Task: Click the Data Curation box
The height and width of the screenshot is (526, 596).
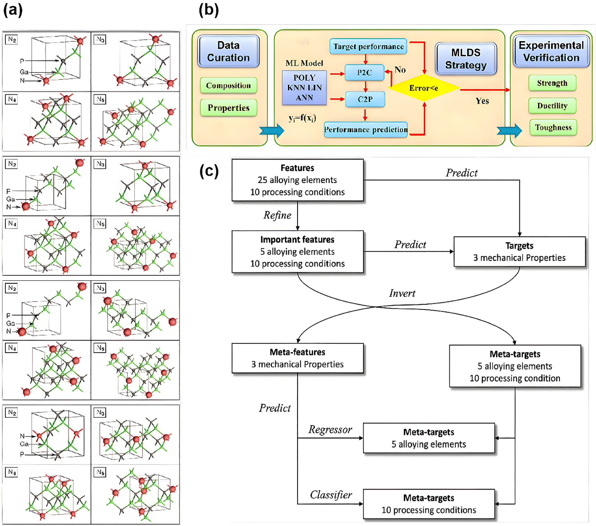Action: coord(228,51)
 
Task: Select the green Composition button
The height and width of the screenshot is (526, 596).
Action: coord(228,85)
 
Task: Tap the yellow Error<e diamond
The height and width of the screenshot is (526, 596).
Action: coord(423,88)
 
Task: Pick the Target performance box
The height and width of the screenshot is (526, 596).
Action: coord(368,46)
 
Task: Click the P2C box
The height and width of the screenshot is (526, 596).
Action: coord(365,72)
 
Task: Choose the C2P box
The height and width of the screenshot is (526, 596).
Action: coord(365,99)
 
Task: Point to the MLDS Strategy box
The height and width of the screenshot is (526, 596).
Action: coord(466,59)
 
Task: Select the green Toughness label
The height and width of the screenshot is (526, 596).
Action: coord(553,127)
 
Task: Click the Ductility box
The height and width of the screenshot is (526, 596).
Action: coord(552,106)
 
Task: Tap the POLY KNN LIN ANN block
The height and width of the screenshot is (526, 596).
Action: coord(304,88)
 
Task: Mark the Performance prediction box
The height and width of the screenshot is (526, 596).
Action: coord(366,130)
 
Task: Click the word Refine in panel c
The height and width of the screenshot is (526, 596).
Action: coord(277,215)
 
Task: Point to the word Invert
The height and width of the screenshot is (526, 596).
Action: coord(402,293)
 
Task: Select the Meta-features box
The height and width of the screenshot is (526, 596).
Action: coord(297,358)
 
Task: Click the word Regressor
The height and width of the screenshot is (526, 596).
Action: coord(330,430)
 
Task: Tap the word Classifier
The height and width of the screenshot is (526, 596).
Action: coord(331,495)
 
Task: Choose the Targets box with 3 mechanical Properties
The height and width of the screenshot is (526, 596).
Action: coord(519,252)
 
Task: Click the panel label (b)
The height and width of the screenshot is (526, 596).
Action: coord(209,10)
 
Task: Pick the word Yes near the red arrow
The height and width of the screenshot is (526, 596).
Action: coord(482,101)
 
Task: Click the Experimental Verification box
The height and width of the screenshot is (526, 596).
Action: coord(551,51)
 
